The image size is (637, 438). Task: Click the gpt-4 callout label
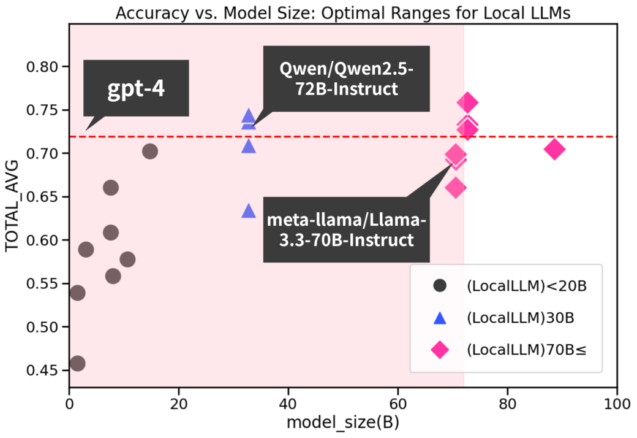pyautogui.click(x=137, y=88)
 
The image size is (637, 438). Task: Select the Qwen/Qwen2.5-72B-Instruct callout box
pyautogui.click(x=338, y=80)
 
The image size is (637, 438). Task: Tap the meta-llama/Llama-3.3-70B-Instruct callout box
pyautogui.click(x=347, y=229)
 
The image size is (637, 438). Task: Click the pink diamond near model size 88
pyautogui.click(x=554, y=149)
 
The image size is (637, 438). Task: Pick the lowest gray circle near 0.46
pyautogui.click(x=77, y=364)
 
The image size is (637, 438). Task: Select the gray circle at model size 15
pyautogui.click(x=150, y=151)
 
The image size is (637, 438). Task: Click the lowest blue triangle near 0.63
pyautogui.click(x=248, y=211)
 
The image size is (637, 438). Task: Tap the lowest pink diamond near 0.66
pyautogui.click(x=456, y=188)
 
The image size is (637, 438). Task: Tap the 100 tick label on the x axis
pyautogui.click(x=616, y=405)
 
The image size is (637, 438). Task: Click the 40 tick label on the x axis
pyautogui.click(x=288, y=405)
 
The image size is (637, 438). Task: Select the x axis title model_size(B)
pyautogui.click(x=344, y=424)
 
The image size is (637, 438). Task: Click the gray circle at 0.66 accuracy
pyautogui.click(x=111, y=188)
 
